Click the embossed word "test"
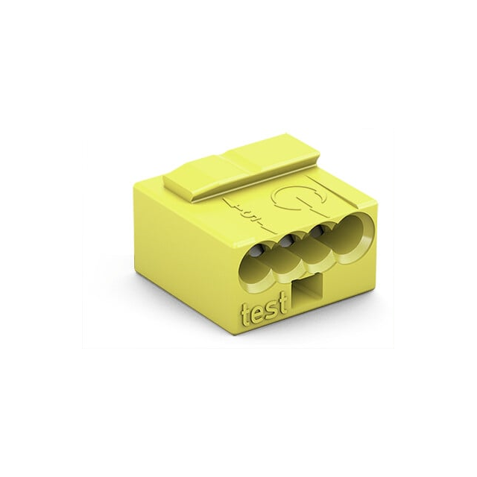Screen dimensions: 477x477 [259, 314]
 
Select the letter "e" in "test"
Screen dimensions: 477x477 [253, 316]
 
